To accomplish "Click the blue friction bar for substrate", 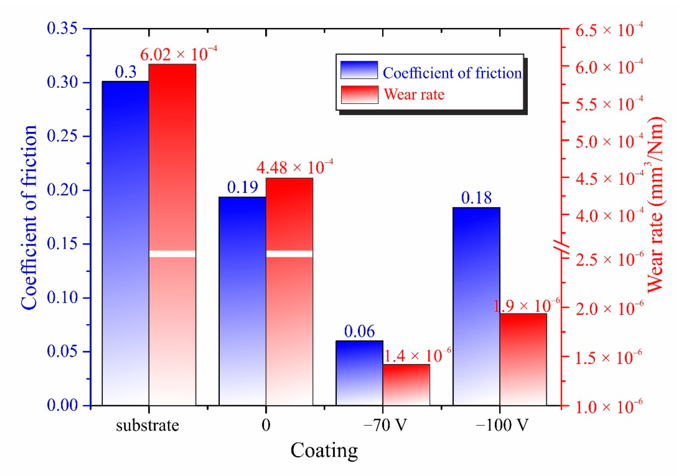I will tap(125, 243).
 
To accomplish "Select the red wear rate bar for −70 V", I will tap(406, 384).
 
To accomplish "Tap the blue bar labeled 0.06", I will tap(359, 373).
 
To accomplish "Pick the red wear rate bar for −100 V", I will tap(523, 359).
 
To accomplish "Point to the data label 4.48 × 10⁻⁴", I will tap(295, 167).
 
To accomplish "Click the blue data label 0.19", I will tap(243, 187).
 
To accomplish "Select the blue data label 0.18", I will tap(476, 198).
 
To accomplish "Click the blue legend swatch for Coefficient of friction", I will tap(359, 70).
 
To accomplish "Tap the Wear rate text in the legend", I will tap(414, 95).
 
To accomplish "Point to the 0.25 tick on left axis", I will tap(62, 136).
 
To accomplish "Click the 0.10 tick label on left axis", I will tap(62, 298).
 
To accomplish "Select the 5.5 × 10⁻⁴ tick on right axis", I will tap(609, 104).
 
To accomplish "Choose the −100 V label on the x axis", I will tap(502, 425).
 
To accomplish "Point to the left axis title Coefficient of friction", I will tap(29, 218).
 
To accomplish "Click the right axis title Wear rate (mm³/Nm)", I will tap(656, 204).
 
